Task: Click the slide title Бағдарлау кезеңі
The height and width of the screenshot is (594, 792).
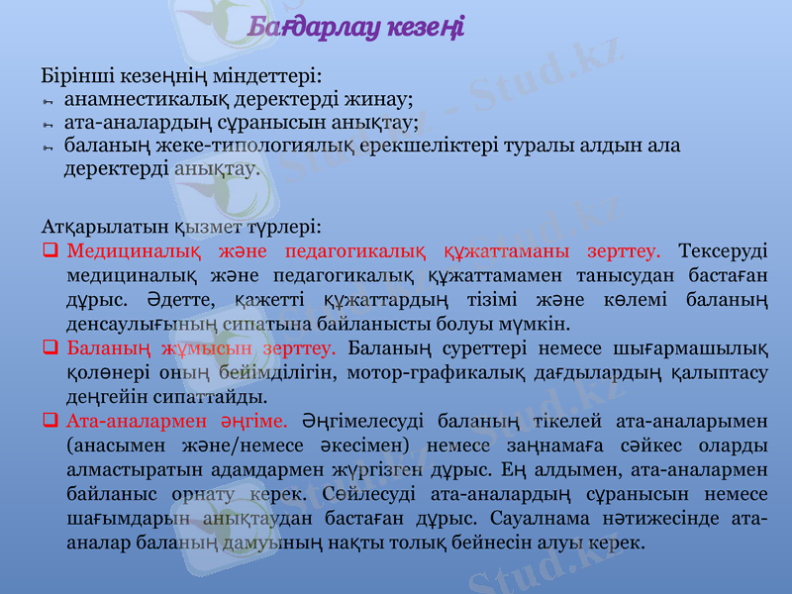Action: point(356,26)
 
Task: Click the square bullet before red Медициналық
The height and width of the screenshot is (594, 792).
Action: point(49,249)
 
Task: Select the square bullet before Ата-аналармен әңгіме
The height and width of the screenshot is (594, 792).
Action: point(49,420)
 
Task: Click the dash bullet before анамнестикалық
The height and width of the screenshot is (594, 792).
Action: point(47,100)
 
